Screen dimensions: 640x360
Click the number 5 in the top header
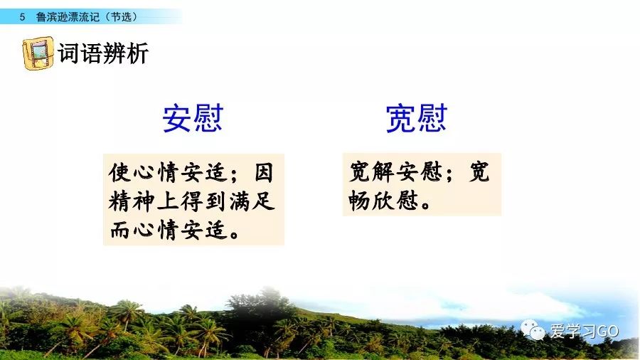[x=23, y=17]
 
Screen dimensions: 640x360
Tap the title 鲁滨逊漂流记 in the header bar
[x=68, y=17]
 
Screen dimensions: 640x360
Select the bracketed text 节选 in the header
[x=122, y=17]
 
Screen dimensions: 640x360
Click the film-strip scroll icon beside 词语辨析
[x=38, y=53]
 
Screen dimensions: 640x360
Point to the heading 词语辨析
[x=103, y=53]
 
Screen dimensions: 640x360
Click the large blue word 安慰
[x=193, y=118]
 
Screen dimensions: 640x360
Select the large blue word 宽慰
[x=416, y=118]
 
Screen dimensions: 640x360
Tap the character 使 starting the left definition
[x=119, y=172]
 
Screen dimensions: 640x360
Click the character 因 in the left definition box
[x=263, y=172]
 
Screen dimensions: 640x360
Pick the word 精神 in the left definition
[x=132, y=201]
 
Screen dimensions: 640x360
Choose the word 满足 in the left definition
[x=252, y=201]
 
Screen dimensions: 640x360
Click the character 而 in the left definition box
[x=119, y=230]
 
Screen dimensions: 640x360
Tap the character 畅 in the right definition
[x=359, y=201]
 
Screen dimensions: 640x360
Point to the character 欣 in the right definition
[x=383, y=201]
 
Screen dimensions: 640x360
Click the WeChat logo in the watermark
[x=533, y=330]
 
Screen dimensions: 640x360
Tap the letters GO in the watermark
[x=608, y=331]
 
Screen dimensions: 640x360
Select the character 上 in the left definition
[x=168, y=201]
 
